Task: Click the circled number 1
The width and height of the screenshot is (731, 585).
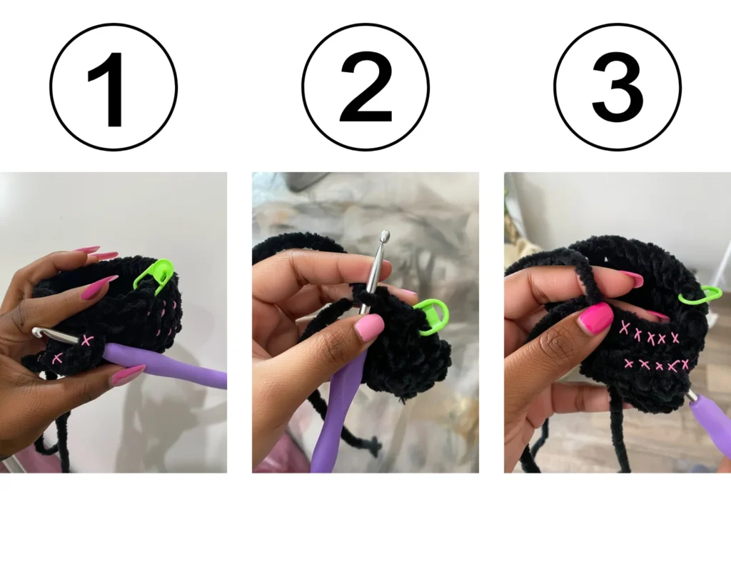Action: coord(114,86)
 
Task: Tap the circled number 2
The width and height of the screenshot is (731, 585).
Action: coord(365,86)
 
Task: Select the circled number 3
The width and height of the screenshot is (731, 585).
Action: coord(617,86)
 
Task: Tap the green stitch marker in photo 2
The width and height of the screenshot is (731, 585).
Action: coord(431,316)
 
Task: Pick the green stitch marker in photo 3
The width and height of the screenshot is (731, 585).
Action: coord(700,294)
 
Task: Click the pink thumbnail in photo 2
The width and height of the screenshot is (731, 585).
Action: coord(368,327)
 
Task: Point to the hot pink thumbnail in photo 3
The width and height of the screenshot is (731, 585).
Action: coord(595,318)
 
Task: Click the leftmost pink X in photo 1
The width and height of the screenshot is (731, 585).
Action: coord(58,359)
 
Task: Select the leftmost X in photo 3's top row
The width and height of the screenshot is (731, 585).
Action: coord(625,328)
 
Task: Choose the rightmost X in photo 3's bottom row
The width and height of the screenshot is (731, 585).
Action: coord(684,365)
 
